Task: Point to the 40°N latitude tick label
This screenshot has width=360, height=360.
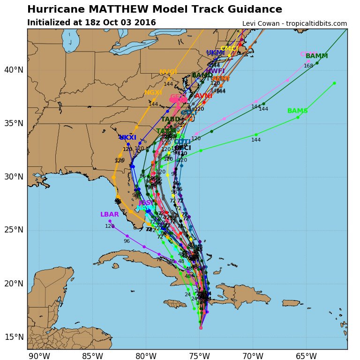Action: coord(14,70)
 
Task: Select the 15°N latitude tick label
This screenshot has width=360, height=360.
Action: coord(14,337)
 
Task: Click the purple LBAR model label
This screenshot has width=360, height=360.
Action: coord(110,215)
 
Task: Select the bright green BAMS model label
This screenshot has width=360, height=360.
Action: coord(297,111)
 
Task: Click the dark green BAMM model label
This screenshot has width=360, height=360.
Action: coord(317,56)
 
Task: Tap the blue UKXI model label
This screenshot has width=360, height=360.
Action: coord(127,138)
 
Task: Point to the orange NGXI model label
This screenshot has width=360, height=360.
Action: coord(153,93)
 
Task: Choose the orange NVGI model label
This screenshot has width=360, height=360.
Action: coord(168,72)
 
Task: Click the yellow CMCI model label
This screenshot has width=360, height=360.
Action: coord(229,49)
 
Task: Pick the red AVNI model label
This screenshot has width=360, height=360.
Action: coord(203,96)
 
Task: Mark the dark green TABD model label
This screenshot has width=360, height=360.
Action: coord(171,120)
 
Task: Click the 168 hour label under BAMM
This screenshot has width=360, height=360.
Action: coord(308,66)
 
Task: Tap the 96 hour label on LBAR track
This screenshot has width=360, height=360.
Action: coord(127,241)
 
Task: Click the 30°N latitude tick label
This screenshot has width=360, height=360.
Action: coord(14,177)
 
